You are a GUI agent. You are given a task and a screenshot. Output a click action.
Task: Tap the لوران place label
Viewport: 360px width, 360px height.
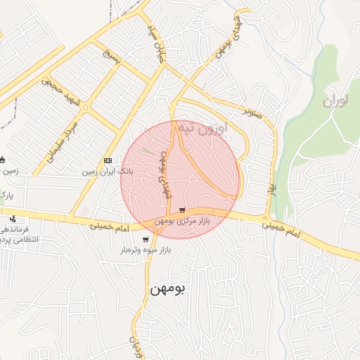335,101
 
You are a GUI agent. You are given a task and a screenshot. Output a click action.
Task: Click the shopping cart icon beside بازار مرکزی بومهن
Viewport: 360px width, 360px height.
183,210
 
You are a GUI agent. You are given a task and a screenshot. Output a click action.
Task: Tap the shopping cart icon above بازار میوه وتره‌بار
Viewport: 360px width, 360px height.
146,239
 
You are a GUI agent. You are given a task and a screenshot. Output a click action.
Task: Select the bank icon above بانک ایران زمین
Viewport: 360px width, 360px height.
108,160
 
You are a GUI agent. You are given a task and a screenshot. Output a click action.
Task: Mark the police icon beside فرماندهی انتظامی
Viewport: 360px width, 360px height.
12,219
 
